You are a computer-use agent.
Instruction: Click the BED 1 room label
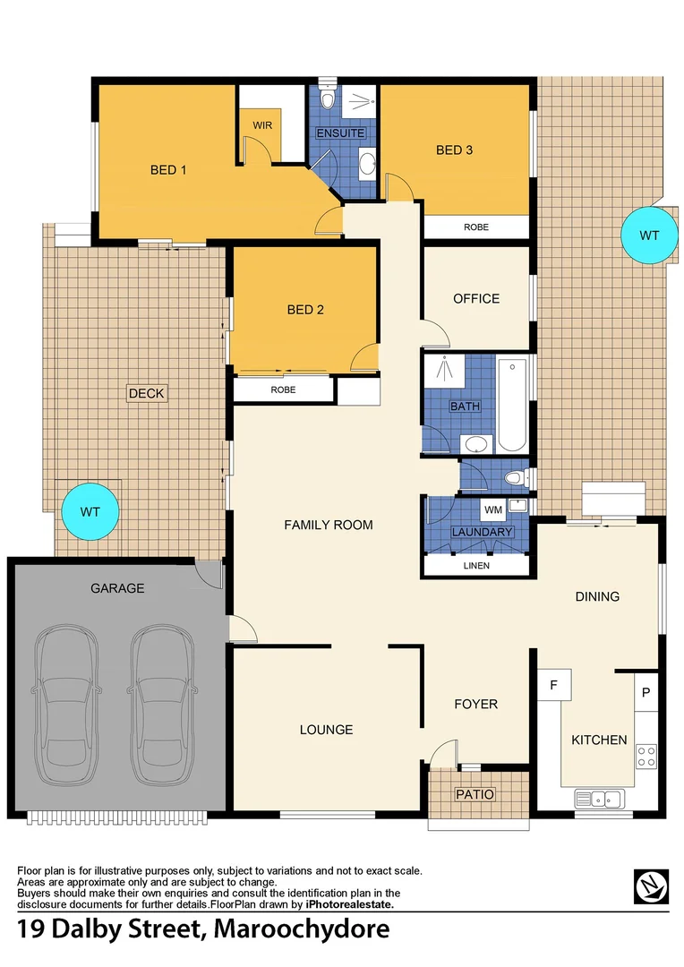tap(167, 169)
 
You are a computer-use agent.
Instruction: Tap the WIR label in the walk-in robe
tap(261, 124)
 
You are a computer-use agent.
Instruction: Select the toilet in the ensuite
tap(328, 96)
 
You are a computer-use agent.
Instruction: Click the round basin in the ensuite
tap(366, 163)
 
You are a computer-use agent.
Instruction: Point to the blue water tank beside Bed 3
tap(648, 235)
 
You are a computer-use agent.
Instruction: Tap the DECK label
tap(147, 393)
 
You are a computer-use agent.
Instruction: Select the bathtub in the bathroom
tap(513, 405)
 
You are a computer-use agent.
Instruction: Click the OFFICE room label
tap(476, 298)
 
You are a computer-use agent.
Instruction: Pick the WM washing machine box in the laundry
tap(493, 510)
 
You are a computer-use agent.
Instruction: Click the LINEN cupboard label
tap(476, 566)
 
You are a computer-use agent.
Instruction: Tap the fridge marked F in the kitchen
tap(554, 686)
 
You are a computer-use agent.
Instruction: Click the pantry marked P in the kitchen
tap(646, 691)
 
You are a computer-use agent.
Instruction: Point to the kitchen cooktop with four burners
tap(646, 756)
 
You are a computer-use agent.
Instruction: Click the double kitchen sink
tap(600, 797)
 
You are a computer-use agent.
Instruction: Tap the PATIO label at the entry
tap(475, 794)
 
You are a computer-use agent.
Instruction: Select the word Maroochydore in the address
tap(303, 928)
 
